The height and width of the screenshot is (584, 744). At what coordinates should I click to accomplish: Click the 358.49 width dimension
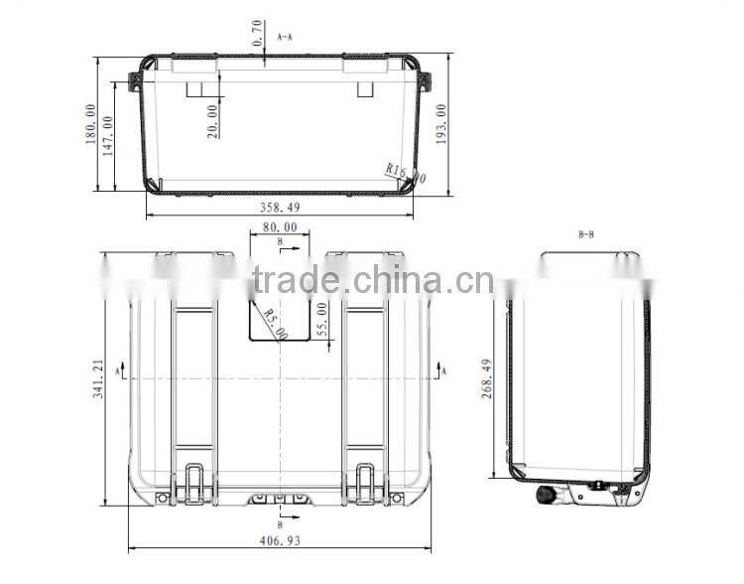[279, 208]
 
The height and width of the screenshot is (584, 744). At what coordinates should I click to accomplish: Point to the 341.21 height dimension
[97, 377]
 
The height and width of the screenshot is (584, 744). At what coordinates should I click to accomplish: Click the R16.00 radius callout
[405, 174]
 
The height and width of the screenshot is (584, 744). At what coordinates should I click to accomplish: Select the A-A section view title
[285, 36]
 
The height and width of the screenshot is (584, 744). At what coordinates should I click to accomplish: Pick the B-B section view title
[585, 235]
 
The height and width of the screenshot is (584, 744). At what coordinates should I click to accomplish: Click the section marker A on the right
[443, 369]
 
